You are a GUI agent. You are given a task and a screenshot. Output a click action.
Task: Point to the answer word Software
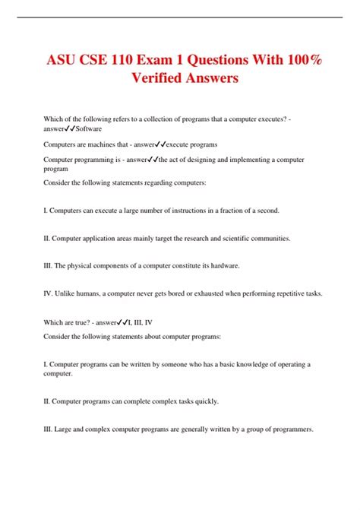[x=87, y=129]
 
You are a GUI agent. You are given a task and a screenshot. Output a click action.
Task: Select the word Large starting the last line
[x=62, y=429]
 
